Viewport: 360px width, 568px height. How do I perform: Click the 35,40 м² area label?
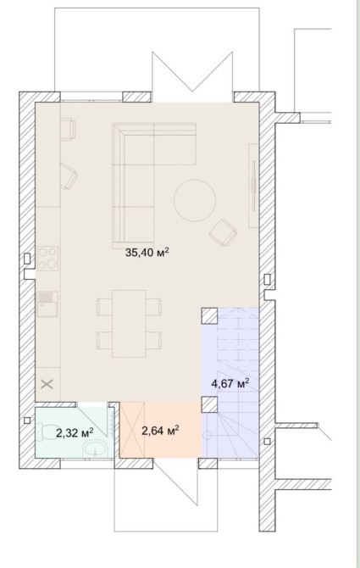coord(147,252)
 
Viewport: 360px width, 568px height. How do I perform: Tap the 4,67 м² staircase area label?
coord(230,383)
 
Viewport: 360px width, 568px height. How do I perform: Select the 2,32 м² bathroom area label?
coord(75,432)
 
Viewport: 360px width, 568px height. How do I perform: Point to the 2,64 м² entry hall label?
coord(161,431)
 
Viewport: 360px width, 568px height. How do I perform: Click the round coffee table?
coord(195,201)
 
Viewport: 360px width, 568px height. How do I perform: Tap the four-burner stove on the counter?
coord(47,259)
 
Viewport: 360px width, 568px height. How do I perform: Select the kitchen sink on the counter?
coord(47,304)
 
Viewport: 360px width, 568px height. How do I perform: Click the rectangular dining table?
coord(129,324)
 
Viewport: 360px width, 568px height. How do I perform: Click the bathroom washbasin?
coord(96,449)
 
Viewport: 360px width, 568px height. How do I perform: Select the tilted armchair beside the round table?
coord(223,232)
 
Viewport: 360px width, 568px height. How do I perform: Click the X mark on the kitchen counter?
coord(47,384)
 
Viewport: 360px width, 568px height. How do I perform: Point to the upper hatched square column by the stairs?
coord(209,315)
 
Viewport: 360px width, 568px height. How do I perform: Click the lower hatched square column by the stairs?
coord(209,404)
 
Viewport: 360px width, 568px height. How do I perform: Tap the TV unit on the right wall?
coord(253,186)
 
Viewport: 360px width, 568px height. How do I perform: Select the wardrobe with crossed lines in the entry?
coord(132,429)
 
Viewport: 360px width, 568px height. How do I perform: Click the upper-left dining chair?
coord(104,307)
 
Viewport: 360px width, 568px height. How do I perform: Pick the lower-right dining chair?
coord(154,340)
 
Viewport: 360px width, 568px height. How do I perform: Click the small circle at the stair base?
coord(207,435)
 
